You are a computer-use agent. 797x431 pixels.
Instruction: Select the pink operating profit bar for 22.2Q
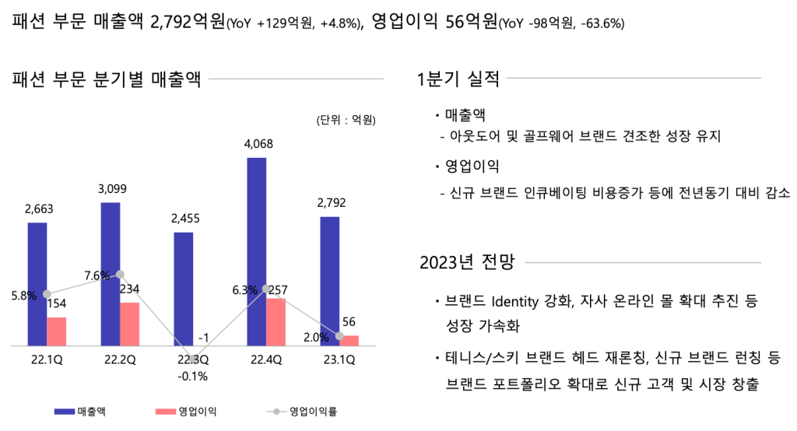click(x=129, y=324)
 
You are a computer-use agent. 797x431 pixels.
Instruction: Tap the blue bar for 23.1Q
click(x=329, y=281)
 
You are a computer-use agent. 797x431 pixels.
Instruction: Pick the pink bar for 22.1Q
click(x=56, y=331)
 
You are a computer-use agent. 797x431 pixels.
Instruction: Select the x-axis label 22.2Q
click(x=121, y=359)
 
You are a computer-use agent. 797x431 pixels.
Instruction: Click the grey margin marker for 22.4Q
click(x=266, y=289)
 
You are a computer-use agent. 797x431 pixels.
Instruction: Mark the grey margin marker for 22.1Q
click(x=47, y=294)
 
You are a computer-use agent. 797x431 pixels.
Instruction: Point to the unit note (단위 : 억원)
click(x=346, y=120)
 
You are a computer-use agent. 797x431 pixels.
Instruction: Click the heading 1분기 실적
click(x=458, y=79)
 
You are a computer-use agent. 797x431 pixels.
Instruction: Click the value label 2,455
click(x=185, y=218)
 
